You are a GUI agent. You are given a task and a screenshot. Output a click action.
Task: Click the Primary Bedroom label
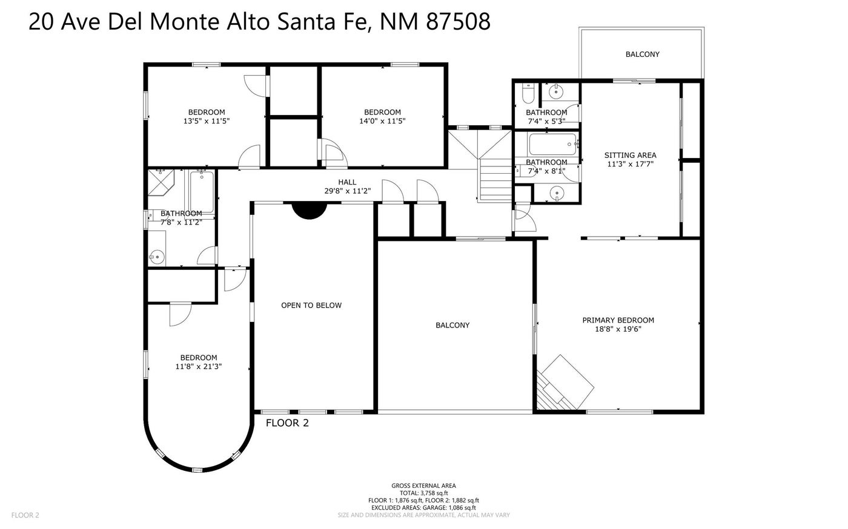(618, 320)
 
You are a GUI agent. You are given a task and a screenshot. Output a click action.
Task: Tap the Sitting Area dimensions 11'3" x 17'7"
(631, 164)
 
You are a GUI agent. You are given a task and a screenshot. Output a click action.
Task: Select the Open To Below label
(311, 306)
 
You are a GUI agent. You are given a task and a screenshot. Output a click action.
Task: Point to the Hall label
(347, 182)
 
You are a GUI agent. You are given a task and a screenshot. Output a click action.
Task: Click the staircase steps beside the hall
(496, 179)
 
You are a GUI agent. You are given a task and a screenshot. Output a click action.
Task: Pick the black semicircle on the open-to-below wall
(310, 211)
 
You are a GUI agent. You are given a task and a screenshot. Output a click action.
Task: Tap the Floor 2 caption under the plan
(287, 422)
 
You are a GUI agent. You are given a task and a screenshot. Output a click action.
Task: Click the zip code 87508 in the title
(458, 22)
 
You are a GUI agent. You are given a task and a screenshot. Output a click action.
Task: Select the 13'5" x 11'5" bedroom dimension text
(207, 121)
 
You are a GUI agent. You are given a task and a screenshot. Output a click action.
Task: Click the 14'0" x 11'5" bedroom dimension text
(382, 121)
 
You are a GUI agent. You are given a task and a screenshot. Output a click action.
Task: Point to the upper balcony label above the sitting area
(643, 54)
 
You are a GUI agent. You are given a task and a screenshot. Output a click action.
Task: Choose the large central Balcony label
(452, 325)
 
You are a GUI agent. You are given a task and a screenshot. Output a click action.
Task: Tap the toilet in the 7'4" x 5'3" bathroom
(528, 93)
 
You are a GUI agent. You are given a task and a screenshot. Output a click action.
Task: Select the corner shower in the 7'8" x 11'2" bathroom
(161, 182)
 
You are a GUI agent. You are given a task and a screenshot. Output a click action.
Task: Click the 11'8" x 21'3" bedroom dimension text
(199, 366)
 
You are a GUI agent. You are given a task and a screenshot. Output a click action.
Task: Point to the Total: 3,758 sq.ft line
(423, 493)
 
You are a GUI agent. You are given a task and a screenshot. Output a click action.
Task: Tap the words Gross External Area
(423, 485)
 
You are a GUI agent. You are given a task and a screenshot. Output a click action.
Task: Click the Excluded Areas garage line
(423, 508)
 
